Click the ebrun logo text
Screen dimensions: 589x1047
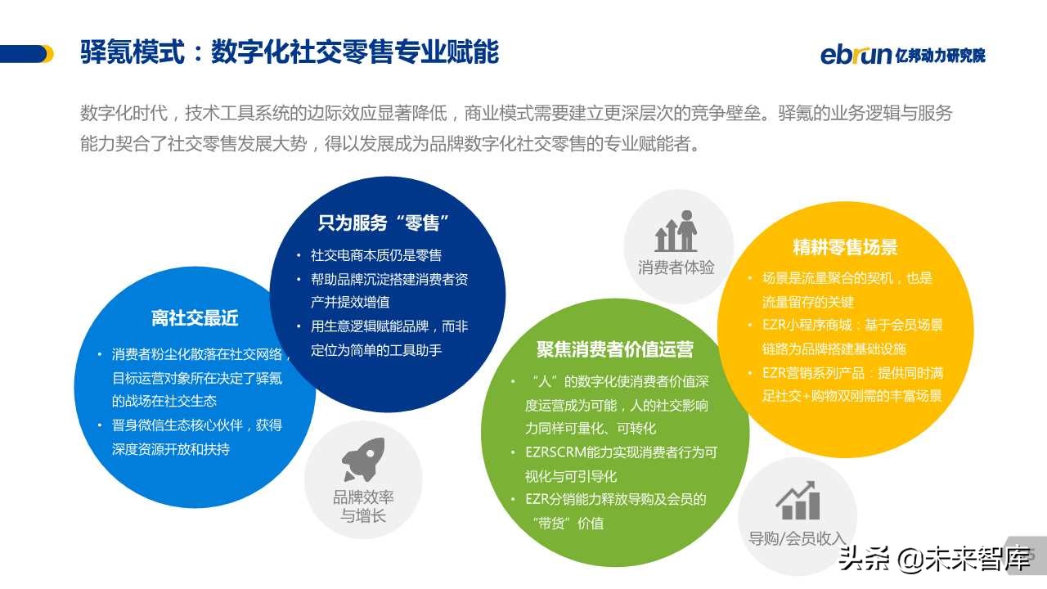(856, 54)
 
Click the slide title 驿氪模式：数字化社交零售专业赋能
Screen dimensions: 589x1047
(290, 52)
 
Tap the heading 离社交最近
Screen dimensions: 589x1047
(195, 318)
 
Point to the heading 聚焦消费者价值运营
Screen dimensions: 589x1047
(615, 350)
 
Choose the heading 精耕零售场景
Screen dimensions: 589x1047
(845, 247)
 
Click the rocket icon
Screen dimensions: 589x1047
(362, 460)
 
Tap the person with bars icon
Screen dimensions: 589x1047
(676, 231)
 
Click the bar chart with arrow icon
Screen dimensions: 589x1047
(798, 501)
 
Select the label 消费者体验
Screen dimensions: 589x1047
(676, 268)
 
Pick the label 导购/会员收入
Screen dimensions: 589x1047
(797, 538)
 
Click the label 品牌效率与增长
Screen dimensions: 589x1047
(363, 506)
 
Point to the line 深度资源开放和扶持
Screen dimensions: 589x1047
(171, 449)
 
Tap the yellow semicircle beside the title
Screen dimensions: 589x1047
(48, 54)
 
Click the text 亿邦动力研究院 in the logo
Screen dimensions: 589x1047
(941, 56)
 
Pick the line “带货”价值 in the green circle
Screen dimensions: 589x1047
(567, 523)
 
